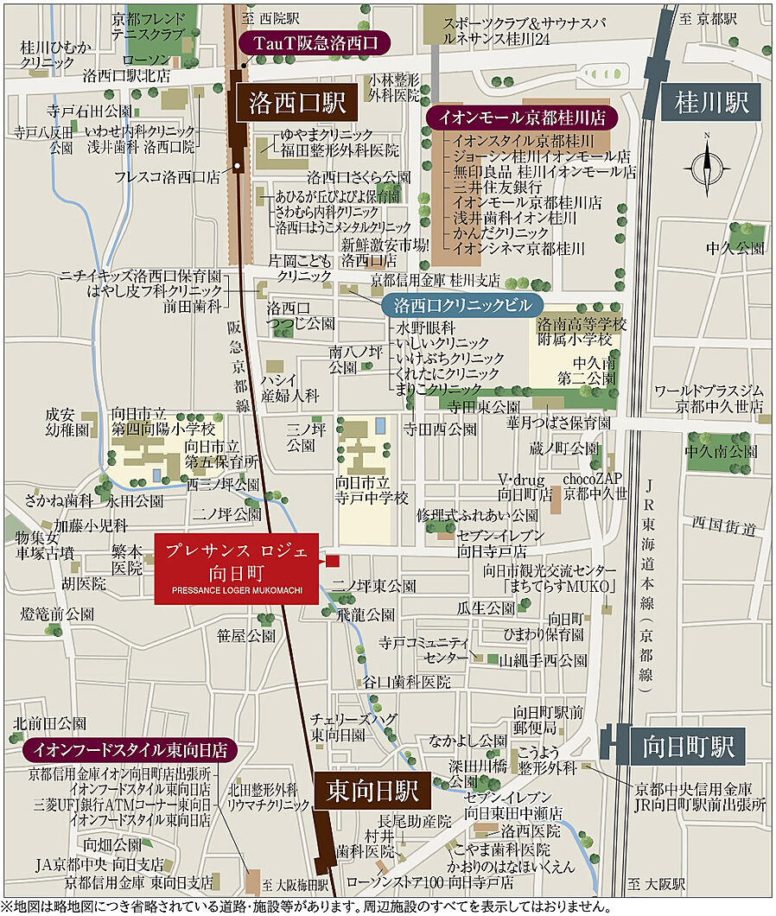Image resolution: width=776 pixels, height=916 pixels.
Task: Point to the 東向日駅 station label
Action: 372,790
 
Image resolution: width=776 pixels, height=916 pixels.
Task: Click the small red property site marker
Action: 332,562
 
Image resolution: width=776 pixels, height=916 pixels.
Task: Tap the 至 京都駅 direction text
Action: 709,18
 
